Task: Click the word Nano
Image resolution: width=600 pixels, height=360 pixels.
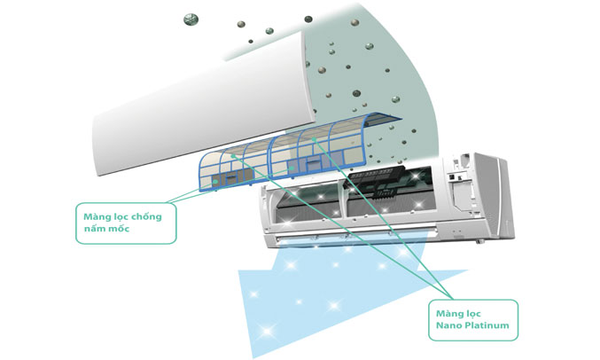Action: [x=451, y=327]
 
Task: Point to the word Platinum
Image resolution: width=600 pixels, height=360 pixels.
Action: [x=493, y=327]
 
